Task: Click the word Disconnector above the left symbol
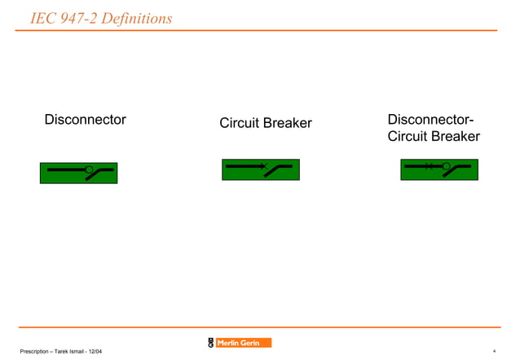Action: [x=85, y=120]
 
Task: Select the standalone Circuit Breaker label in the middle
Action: [x=265, y=123]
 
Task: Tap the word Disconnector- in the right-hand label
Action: [x=430, y=120]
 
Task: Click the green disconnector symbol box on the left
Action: [x=78, y=173]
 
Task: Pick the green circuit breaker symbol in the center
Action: [x=260, y=169]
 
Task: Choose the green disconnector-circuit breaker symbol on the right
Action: [x=438, y=169]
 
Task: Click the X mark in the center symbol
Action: [x=264, y=166]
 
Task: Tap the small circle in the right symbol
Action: [x=446, y=166]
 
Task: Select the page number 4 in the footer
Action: [x=494, y=351]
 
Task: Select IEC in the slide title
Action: [x=43, y=17]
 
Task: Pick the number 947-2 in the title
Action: [x=79, y=17]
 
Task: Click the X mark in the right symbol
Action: [x=429, y=166]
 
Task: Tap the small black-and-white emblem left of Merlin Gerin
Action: [x=211, y=343]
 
